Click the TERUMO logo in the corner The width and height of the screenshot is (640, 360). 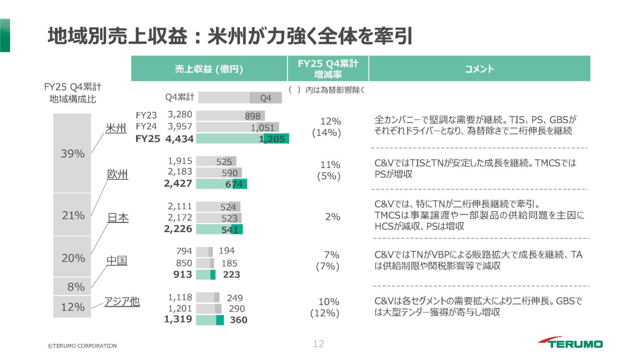pyautogui.click(x=570, y=342)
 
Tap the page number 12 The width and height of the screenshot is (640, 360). pyautogui.click(x=318, y=343)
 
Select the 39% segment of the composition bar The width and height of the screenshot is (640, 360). pyautogui.click(x=72, y=153)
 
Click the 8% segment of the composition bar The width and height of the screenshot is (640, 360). pyautogui.click(x=72, y=286)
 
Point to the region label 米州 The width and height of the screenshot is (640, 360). pyautogui.click(x=115, y=129)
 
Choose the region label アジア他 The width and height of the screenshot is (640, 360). pyautogui.click(x=122, y=301)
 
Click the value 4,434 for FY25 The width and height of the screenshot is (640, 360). pyautogui.click(x=179, y=139)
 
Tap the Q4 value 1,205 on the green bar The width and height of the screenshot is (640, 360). pyautogui.click(x=271, y=139)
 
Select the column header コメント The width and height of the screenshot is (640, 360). pyautogui.click(x=479, y=69)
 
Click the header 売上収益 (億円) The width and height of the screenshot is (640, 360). pyautogui.click(x=209, y=69)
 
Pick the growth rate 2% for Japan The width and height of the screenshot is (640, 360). pyautogui.click(x=333, y=217)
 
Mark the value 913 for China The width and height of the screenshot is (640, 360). pyautogui.click(x=182, y=274)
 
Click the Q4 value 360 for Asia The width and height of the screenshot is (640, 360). pyautogui.click(x=238, y=319)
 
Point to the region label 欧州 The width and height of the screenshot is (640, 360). pyautogui.click(x=117, y=174)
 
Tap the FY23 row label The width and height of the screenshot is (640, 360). pyautogui.click(x=146, y=115)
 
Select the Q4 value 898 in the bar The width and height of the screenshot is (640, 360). pyautogui.click(x=253, y=116)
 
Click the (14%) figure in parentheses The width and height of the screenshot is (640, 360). pyautogui.click(x=326, y=133)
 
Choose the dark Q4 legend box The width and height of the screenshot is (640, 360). pyautogui.click(x=266, y=98)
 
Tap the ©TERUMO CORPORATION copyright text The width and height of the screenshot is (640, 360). pyautogui.click(x=82, y=346)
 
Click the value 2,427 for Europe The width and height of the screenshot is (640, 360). pyautogui.click(x=178, y=183)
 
